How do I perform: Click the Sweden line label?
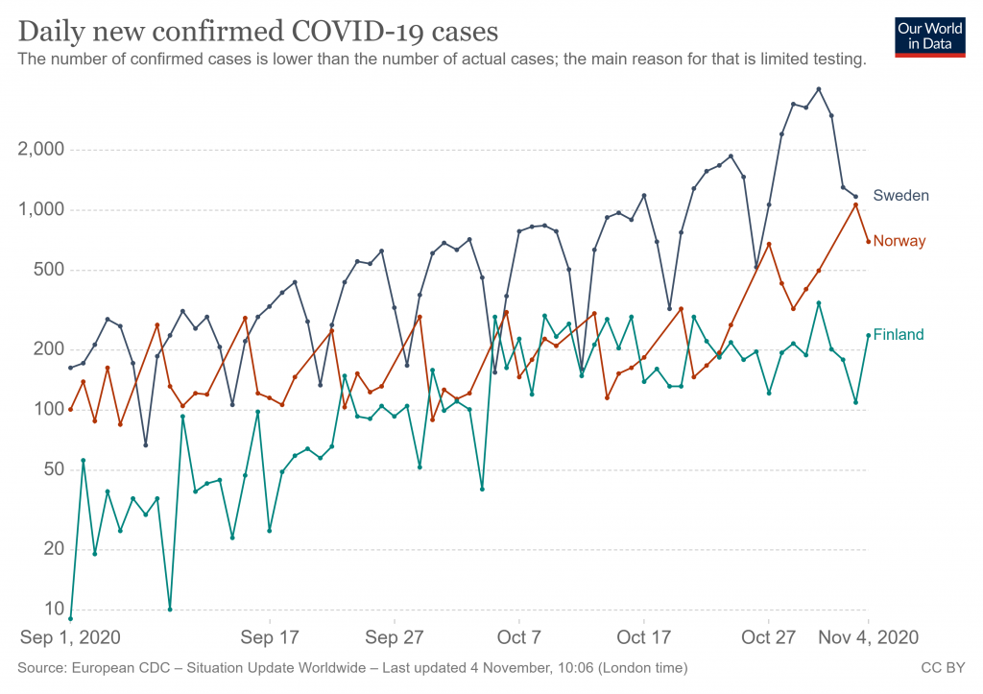point(900,196)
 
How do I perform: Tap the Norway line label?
point(899,241)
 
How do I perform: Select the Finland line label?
point(899,335)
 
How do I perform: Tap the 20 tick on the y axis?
point(53,549)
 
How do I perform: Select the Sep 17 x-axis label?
point(270,637)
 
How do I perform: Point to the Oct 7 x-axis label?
point(519,637)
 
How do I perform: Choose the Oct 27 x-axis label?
point(769,637)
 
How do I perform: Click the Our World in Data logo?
point(929,36)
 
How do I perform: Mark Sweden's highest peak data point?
point(818,89)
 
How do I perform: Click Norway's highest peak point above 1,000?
point(855,204)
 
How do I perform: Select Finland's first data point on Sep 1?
point(71,619)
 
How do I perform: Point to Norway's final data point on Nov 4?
point(868,242)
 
